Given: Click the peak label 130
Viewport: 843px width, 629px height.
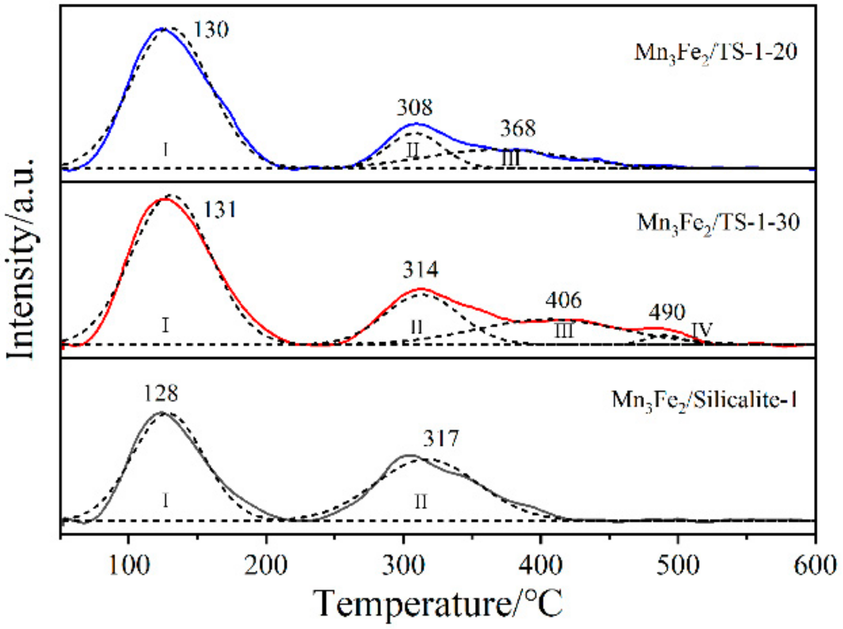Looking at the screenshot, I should point(211,30).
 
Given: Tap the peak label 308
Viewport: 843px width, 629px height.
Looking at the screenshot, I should point(415,108).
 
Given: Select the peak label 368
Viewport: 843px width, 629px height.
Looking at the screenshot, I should point(518,128).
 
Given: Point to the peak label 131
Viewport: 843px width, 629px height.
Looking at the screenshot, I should point(220,210).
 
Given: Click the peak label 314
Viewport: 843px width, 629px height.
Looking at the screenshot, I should point(421,270).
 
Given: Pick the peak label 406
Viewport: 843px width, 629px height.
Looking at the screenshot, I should point(564,301).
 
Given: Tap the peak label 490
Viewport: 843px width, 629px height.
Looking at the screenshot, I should point(667,313).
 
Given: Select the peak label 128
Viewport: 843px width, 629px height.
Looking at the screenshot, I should point(160,393).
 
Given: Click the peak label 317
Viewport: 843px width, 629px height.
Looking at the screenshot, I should point(441,439).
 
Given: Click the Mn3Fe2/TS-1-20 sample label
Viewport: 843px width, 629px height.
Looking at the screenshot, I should point(715,52).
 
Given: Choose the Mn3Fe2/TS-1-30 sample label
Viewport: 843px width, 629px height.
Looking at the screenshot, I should point(718,223).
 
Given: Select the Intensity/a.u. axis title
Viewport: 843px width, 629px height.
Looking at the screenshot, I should point(21,259).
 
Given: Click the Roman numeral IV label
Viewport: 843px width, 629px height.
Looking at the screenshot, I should point(703,331).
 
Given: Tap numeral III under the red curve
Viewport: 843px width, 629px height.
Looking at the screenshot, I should point(564,331).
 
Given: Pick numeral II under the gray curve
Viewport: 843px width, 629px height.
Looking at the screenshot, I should point(421,501).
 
